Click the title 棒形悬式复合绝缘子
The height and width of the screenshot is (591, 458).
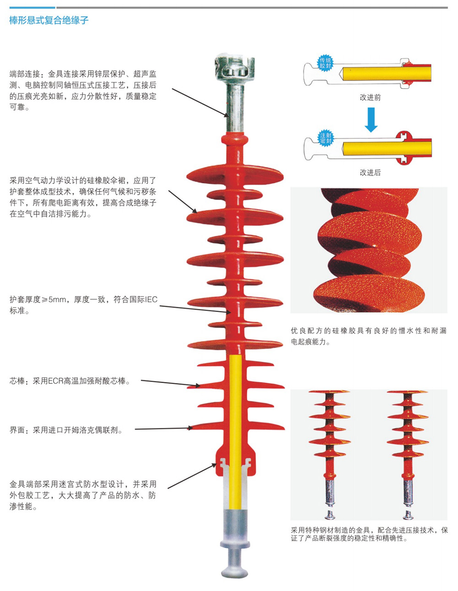[49, 20]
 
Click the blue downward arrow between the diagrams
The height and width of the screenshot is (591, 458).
[371, 120]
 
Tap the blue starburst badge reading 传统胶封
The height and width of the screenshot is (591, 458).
[325, 63]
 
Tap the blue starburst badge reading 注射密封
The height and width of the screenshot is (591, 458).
[326, 138]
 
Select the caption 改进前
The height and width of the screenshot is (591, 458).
[370, 98]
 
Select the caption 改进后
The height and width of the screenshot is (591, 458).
[370, 172]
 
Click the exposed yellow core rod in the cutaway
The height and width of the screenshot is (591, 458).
[235, 432]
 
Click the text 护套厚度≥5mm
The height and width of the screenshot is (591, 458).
[38, 300]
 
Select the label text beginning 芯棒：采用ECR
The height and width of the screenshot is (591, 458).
[70, 381]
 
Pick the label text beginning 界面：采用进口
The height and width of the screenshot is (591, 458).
[66, 430]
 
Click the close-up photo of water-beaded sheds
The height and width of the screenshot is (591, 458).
[369, 250]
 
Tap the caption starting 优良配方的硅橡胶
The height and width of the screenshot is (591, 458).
[369, 336]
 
